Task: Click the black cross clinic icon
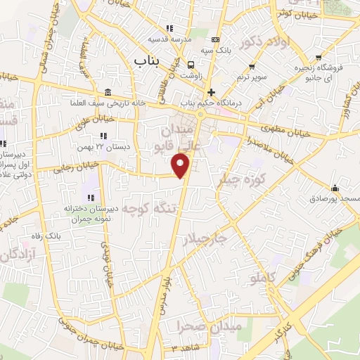pyautogui.click(x=210, y=92)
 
